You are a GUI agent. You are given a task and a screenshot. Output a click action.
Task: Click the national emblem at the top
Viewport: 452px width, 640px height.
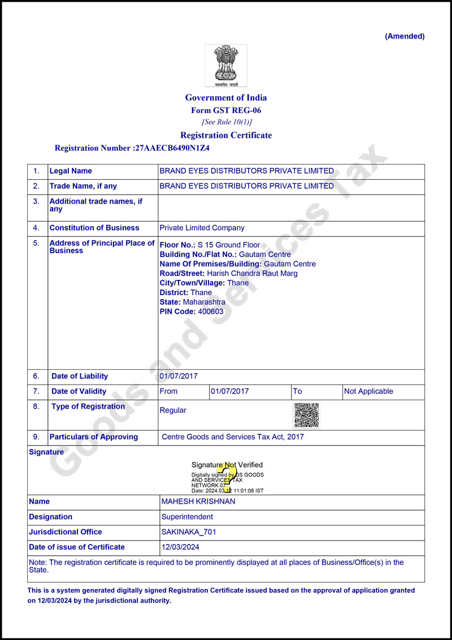(225, 64)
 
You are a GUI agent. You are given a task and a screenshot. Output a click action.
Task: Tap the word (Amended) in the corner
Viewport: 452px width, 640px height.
(405, 36)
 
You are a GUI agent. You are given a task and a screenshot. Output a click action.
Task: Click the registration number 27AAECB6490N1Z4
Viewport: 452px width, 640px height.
(171, 148)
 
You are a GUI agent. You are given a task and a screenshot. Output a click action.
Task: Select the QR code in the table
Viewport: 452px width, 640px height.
(306, 415)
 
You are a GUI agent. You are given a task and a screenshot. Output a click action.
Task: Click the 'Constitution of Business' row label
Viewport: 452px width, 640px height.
(94, 228)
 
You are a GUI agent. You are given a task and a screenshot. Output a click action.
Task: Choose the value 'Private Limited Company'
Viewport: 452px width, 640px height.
(202, 228)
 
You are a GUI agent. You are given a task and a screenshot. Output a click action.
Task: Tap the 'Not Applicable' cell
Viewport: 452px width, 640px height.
(368, 391)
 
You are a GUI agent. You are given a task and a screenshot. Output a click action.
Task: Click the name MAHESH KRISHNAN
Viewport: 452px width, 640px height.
(198, 501)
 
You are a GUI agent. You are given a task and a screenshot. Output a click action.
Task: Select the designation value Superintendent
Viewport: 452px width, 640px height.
(187, 517)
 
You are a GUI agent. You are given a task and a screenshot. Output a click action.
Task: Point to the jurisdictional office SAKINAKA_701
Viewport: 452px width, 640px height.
(189, 532)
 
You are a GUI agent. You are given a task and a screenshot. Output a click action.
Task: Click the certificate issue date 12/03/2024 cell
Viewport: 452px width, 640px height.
(180, 547)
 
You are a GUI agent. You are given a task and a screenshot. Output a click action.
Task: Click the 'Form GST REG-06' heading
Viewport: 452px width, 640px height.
(226, 111)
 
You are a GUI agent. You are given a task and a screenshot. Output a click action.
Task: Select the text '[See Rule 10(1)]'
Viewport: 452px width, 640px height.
(227, 122)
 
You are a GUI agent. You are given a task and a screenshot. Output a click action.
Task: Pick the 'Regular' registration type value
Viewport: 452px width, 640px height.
(173, 410)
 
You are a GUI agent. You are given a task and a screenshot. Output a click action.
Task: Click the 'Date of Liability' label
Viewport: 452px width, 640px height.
(80, 376)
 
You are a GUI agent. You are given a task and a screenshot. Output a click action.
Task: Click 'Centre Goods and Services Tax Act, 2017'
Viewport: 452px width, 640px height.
(233, 437)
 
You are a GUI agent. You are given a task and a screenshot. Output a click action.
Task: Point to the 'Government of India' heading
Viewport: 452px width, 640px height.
(226, 98)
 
